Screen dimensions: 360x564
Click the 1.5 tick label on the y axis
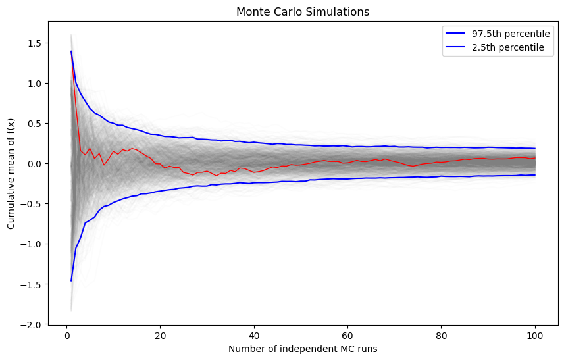34,43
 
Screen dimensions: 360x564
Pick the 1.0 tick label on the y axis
34,84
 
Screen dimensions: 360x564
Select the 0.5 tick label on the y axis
34,124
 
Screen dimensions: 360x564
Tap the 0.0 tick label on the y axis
34,164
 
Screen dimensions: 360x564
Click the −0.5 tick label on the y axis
32,204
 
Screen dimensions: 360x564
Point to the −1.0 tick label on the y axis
32,244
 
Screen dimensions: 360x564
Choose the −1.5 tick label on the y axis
32,284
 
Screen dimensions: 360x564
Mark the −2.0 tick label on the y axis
32,324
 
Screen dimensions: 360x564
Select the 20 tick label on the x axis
160,334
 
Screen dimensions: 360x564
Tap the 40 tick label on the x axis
253,334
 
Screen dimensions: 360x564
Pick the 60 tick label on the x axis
347,334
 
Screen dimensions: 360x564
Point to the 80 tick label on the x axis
441,334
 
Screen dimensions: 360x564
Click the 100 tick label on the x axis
534,334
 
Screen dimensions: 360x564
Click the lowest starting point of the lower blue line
71,281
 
